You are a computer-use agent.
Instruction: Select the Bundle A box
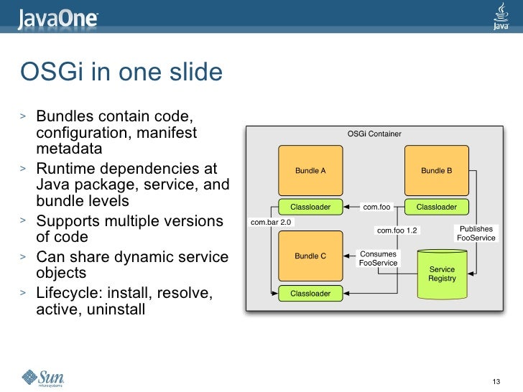310,171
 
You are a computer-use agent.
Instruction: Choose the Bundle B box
437,171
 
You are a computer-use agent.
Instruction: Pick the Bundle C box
310,256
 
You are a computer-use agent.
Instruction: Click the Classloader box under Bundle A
310,207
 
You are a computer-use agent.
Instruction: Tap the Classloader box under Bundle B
437,207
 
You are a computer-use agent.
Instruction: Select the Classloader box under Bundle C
310,293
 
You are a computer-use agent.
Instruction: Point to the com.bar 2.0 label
271,223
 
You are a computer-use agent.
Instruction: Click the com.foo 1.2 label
397,230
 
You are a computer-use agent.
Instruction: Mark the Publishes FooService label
476,233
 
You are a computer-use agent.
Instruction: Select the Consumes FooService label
378,258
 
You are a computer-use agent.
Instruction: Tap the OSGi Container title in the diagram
374,134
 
